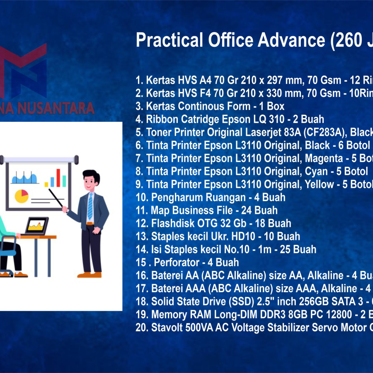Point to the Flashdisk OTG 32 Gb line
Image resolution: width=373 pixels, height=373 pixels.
(x=213, y=223)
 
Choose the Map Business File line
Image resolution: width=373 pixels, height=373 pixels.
(x=206, y=210)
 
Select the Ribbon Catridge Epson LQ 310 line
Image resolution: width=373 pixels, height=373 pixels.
(x=230, y=119)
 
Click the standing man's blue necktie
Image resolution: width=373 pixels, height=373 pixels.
(x=90, y=205)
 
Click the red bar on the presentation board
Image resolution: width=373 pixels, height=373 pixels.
(x=58, y=177)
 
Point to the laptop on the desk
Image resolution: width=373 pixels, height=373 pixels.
(x=36, y=226)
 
